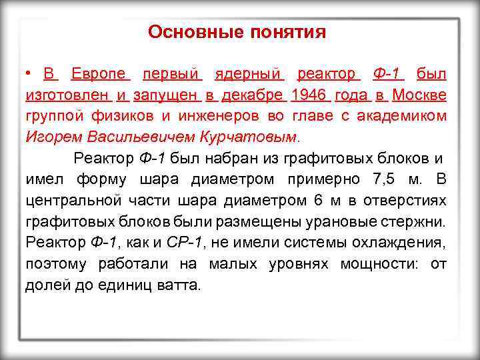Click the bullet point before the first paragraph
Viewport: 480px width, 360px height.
[x=30, y=73]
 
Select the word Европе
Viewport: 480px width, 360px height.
[x=101, y=73]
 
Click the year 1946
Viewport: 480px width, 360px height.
[x=307, y=95]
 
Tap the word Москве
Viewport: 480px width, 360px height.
[x=419, y=95]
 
